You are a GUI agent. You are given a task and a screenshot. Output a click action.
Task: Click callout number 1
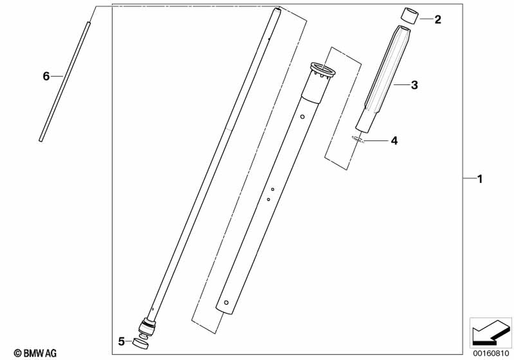(480, 179)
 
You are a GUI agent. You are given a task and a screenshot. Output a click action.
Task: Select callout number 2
(437, 20)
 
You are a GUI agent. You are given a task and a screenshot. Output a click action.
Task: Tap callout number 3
(414, 85)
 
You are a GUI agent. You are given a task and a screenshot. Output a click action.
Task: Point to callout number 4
(394, 140)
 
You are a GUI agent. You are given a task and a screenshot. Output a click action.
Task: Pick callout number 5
(121, 341)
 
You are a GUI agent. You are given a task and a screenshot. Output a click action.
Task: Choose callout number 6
(46, 77)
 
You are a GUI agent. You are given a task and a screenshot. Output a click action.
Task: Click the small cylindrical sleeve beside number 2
(410, 16)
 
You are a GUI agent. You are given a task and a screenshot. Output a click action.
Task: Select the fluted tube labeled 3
(382, 79)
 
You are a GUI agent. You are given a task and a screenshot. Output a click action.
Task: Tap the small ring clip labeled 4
(358, 139)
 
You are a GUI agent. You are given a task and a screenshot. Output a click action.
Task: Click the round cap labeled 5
(140, 344)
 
